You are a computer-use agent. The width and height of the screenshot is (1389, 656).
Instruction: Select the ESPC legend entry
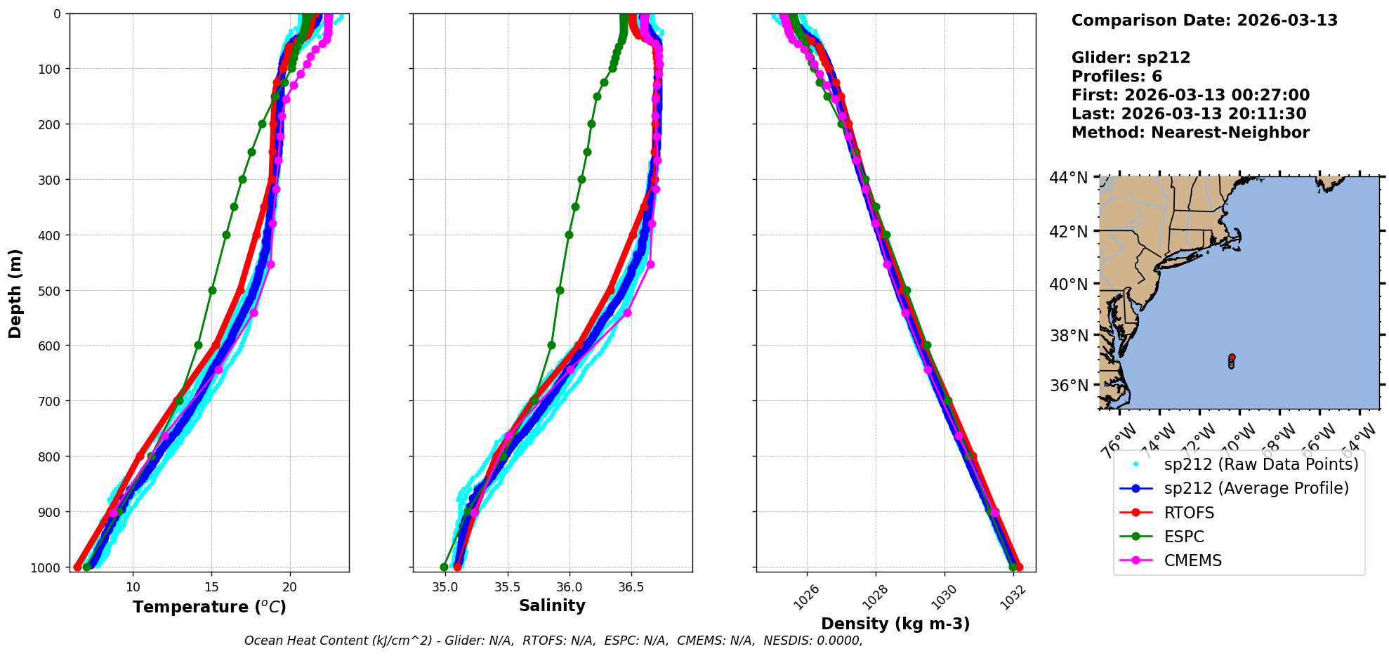pyautogui.click(x=1183, y=537)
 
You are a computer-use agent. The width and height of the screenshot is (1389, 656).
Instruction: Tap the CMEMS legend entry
pyautogui.click(x=1192, y=560)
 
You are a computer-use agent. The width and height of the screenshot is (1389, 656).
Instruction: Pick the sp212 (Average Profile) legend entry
pyautogui.click(x=1256, y=488)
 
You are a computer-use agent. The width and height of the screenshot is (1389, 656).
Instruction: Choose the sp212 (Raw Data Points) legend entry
pyautogui.click(x=1261, y=464)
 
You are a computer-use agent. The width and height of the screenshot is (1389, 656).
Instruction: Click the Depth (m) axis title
pyautogui.click(x=15, y=293)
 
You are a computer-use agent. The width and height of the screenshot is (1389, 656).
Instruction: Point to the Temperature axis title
pyautogui.click(x=209, y=607)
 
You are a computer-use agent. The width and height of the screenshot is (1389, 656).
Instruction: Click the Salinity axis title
pyautogui.click(x=552, y=605)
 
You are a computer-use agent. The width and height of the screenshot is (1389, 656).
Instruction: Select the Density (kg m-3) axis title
pyautogui.click(x=895, y=624)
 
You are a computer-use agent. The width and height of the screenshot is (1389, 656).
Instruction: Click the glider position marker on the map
pyautogui.click(x=1232, y=360)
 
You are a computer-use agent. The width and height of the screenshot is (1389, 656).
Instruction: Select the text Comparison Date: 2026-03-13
pyautogui.click(x=1204, y=20)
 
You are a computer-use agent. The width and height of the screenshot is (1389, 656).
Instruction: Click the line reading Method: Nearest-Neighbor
pyautogui.click(x=1190, y=133)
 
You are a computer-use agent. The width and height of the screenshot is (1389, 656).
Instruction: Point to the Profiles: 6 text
pyautogui.click(x=1117, y=77)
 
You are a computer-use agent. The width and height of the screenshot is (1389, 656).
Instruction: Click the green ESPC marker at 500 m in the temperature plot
pyautogui.click(x=212, y=290)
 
